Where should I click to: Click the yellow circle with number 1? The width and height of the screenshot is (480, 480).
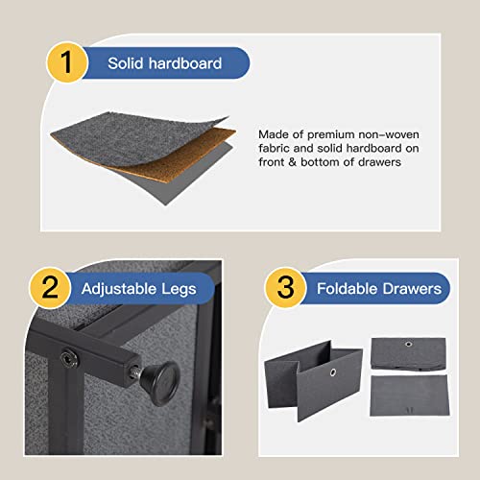click(x=67, y=62)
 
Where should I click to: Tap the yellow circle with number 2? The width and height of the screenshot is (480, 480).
click(x=50, y=288)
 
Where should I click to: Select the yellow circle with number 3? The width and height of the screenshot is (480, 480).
click(x=285, y=288)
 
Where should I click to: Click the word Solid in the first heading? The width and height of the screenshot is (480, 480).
click(x=125, y=63)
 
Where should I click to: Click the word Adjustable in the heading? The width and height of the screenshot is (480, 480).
click(x=119, y=289)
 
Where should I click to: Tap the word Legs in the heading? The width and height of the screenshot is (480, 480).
click(x=179, y=290)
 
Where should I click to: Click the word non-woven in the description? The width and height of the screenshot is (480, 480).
click(x=389, y=134)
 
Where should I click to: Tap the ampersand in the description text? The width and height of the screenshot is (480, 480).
click(x=292, y=162)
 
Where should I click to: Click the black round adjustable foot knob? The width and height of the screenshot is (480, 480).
click(x=161, y=383)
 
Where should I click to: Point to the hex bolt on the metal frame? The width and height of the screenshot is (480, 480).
click(x=68, y=359)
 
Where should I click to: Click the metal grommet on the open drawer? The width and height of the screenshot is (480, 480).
click(x=333, y=372)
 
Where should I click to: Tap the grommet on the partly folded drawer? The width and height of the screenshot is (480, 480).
click(x=408, y=344)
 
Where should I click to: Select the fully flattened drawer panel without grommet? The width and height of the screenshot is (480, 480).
click(x=409, y=396)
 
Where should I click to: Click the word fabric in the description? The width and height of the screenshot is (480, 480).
click(x=274, y=148)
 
